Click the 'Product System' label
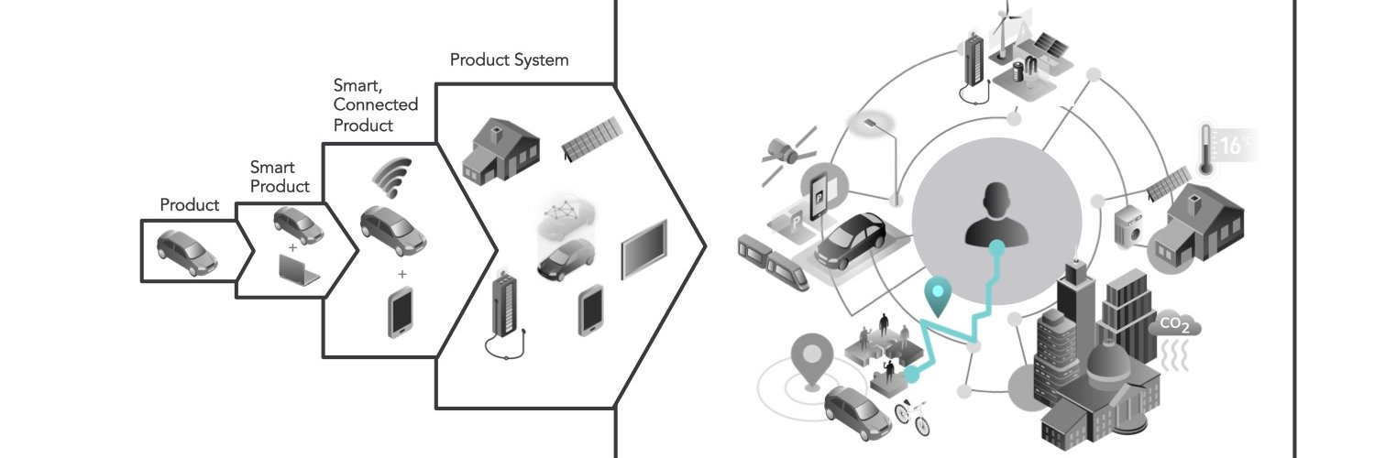point(509,60)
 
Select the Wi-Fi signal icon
point(394,178)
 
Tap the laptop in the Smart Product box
point(298,270)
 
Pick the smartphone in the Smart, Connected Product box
point(400,312)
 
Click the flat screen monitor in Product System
point(644,249)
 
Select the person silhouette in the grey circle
point(992,214)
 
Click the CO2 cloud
point(1174,325)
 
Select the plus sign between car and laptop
point(292,248)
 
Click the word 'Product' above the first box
point(190,205)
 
